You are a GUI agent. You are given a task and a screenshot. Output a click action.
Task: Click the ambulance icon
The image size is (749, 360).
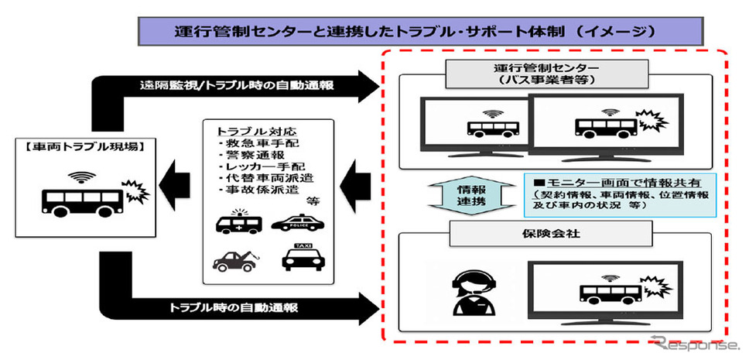[x=238, y=224]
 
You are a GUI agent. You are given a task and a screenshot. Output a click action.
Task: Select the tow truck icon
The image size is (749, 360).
[x=236, y=259]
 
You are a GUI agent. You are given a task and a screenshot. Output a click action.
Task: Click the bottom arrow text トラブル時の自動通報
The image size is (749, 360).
[x=235, y=307]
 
